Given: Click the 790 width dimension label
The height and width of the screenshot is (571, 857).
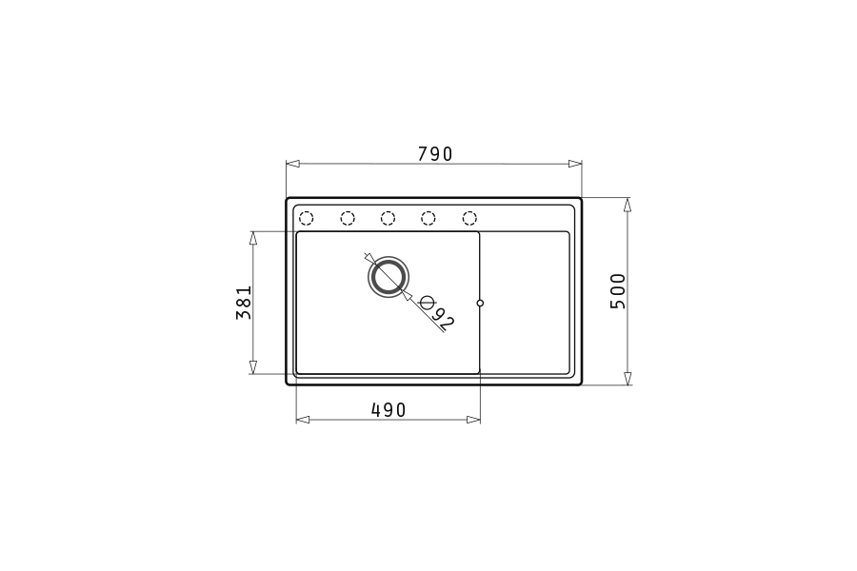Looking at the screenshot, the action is click(x=435, y=154).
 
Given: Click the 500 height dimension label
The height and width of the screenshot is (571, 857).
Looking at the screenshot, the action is click(x=618, y=291).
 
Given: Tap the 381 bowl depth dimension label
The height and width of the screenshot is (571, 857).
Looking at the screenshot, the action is click(x=244, y=303).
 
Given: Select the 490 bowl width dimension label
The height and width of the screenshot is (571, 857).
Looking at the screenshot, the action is click(x=389, y=410).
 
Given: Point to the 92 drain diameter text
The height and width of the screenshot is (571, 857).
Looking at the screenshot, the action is click(x=443, y=319).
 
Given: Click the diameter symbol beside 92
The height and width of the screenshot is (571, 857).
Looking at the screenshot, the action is click(x=428, y=302).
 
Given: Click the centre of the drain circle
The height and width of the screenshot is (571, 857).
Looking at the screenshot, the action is click(x=389, y=277).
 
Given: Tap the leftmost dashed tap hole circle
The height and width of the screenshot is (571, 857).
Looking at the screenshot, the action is click(x=306, y=219).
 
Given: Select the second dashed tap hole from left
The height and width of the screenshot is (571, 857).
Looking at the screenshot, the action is click(x=348, y=219).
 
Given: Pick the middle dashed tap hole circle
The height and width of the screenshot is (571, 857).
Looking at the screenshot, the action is click(x=389, y=219).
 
